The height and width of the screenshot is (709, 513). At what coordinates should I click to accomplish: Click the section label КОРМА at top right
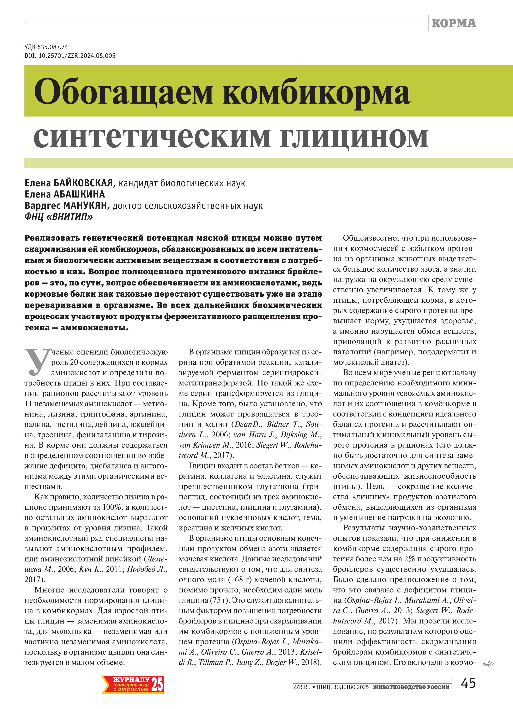(x=454, y=23)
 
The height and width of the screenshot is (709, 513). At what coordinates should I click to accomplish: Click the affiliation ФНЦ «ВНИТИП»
(x=59, y=217)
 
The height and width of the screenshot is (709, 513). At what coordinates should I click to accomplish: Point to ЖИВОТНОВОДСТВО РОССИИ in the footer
(x=411, y=687)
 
